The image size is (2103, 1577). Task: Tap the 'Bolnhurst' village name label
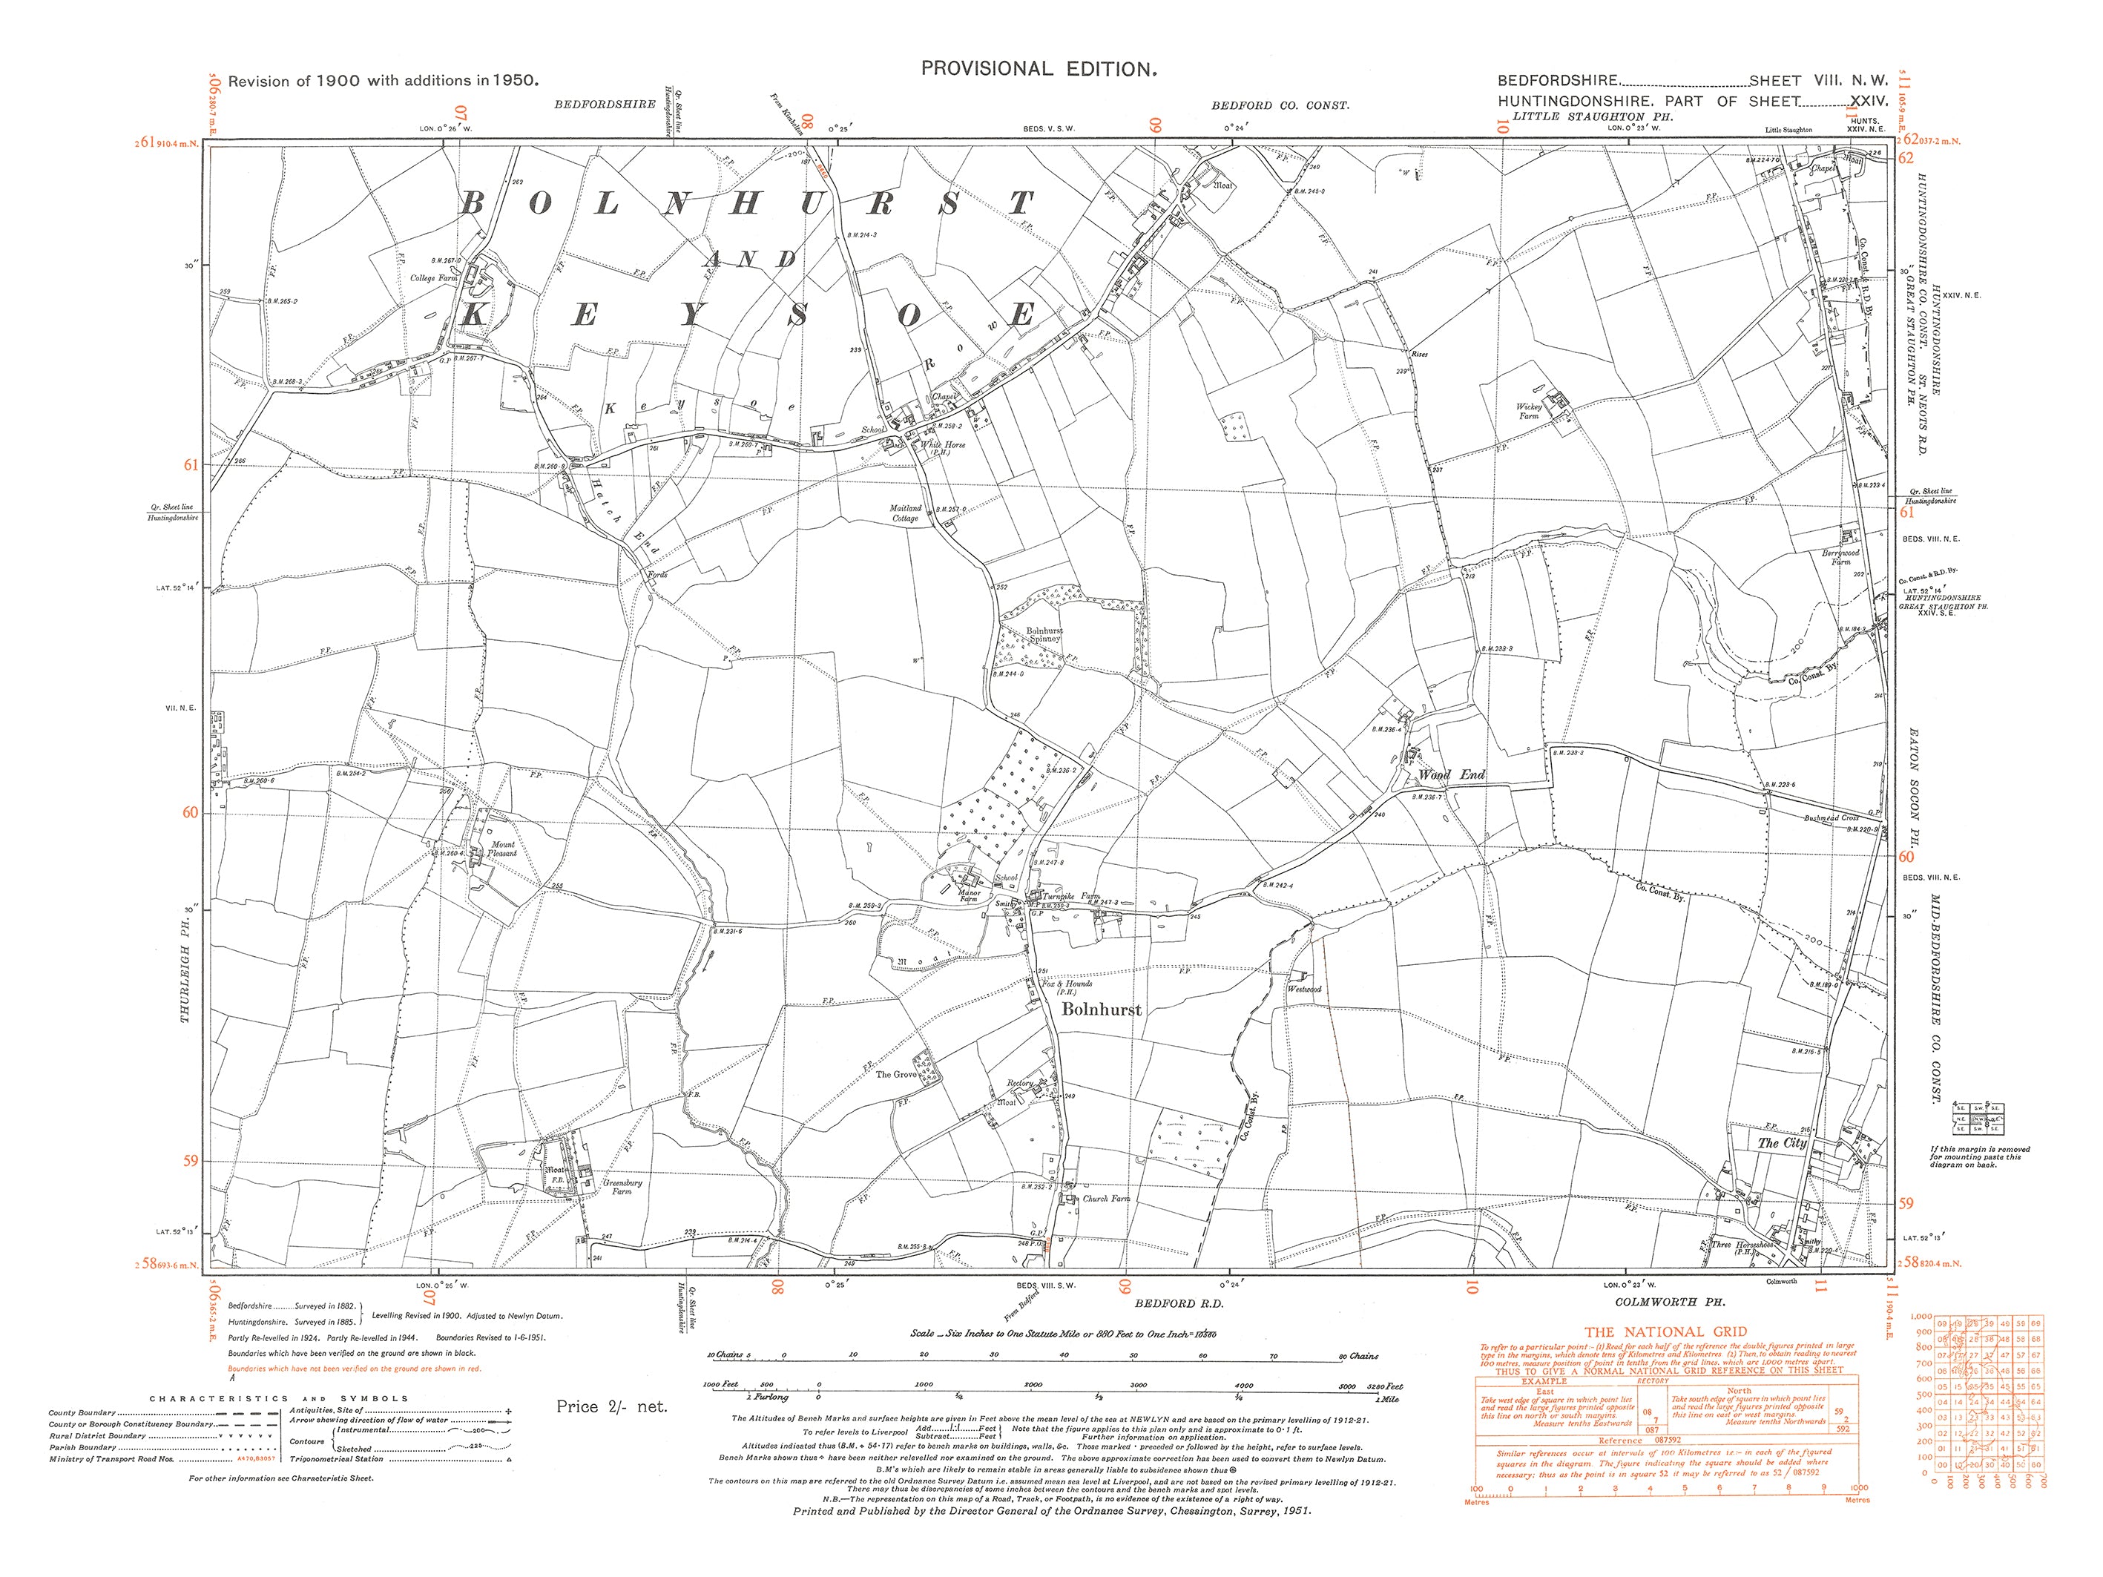point(1101,1010)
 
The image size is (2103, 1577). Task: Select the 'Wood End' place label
point(1451,774)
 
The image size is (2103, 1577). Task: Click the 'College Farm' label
point(433,278)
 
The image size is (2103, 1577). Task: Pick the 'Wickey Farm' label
point(1529,411)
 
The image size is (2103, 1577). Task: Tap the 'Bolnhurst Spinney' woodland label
point(1044,634)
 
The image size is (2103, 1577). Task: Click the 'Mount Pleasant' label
point(503,849)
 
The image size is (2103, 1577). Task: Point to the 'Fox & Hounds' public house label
point(1067,985)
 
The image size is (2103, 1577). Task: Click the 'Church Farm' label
point(1107,1199)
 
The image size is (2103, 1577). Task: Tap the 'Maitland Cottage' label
point(905,513)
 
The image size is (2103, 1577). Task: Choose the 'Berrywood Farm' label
point(1840,557)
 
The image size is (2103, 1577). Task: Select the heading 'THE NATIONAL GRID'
point(1665,1331)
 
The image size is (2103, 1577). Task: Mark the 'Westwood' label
point(1304,990)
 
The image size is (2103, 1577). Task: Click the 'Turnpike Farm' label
point(1071,896)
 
